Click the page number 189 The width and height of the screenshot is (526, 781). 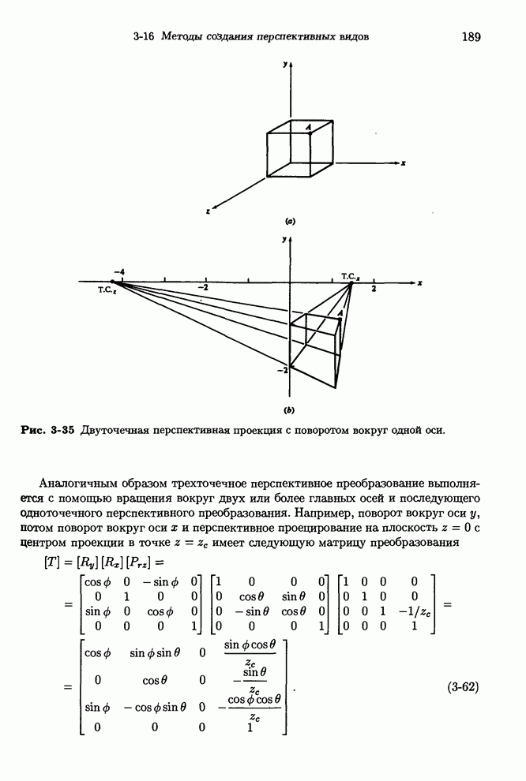coord(472,36)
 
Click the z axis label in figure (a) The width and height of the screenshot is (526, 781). coord(207,212)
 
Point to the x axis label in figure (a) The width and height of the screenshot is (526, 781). coord(403,163)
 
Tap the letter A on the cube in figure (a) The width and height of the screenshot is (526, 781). coord(309,126)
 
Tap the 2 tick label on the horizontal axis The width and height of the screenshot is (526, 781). coord(374,290)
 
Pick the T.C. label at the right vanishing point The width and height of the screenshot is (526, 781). coord(351,275)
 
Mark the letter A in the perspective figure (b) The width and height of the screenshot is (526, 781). coord(340,314)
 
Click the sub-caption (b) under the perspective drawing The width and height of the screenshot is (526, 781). coord(290,410)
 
